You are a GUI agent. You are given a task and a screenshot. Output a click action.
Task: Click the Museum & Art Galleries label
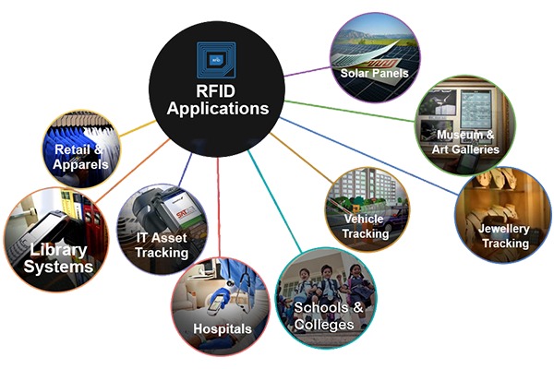tap(469, 142)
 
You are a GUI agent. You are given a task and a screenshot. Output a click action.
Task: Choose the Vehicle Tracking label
tap(366, 227)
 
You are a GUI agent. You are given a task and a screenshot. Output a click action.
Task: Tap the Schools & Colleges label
tap(324, 315)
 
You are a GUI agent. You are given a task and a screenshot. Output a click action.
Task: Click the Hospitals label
tap(222, 328)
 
